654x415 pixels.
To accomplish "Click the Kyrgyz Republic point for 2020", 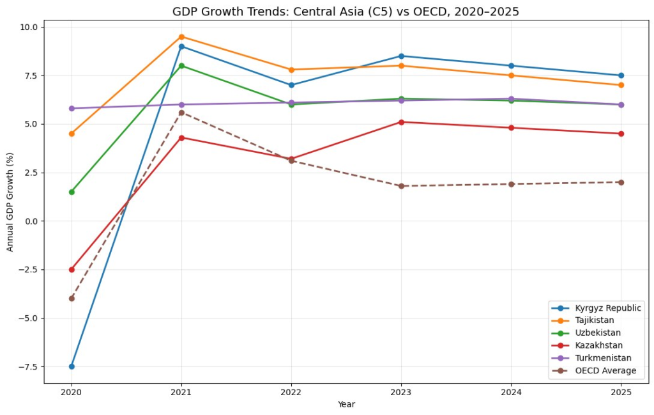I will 72,366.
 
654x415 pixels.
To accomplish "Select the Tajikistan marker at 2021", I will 181,36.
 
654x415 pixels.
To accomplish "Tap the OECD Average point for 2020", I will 72,299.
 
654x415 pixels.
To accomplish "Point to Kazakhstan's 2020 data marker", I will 72,269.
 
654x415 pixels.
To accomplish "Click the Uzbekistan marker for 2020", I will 72,192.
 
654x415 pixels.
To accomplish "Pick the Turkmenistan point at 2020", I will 72,108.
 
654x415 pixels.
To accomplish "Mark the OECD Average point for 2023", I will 401,186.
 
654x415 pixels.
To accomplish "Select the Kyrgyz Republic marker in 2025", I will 621,75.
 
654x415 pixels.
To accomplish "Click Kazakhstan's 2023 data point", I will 401,122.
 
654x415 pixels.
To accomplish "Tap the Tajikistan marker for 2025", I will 621,85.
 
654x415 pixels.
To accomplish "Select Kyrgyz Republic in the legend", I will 606,308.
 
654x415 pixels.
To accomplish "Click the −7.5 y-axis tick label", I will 27,366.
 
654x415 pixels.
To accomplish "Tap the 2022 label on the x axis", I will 291,392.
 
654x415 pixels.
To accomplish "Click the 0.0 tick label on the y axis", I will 31,221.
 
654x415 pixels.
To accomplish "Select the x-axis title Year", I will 346,405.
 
